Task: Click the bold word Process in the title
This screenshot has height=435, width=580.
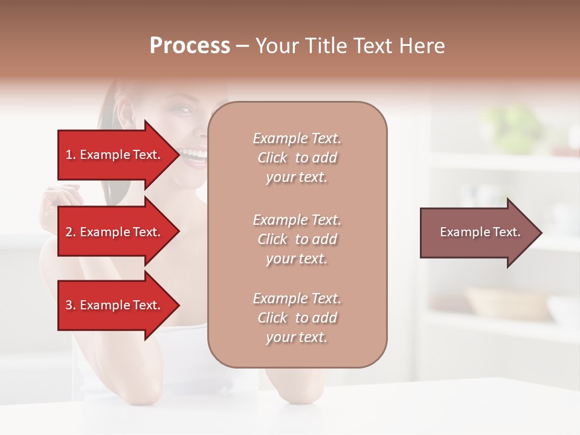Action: tap(190, 46)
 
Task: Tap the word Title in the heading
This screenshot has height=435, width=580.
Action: tap(326, 46)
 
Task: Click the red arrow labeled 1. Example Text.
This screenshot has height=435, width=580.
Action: tap(115, 155)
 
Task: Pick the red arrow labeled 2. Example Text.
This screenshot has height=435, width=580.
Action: tap(115, 232)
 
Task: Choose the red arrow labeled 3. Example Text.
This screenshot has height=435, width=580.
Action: tap(115, 305)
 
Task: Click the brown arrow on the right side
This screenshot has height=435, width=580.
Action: tap(477, 232)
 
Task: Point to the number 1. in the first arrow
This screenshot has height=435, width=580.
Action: tap(71, 155)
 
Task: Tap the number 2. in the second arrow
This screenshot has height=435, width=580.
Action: tap(71, 232)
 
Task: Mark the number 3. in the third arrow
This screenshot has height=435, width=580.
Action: tap(71, 305)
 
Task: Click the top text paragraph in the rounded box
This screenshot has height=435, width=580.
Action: tap(297, 158)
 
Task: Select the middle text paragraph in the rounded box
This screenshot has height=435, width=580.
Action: tap(297, 239)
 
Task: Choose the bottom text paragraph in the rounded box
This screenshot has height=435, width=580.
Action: tap(297, 318)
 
